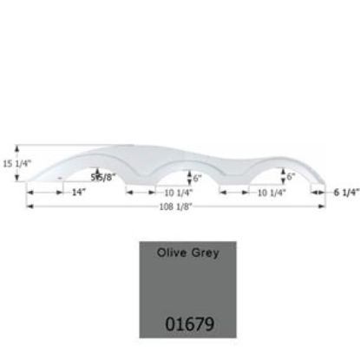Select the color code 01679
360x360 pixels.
point(188,326)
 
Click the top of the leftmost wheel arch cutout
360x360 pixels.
point(98,163)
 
